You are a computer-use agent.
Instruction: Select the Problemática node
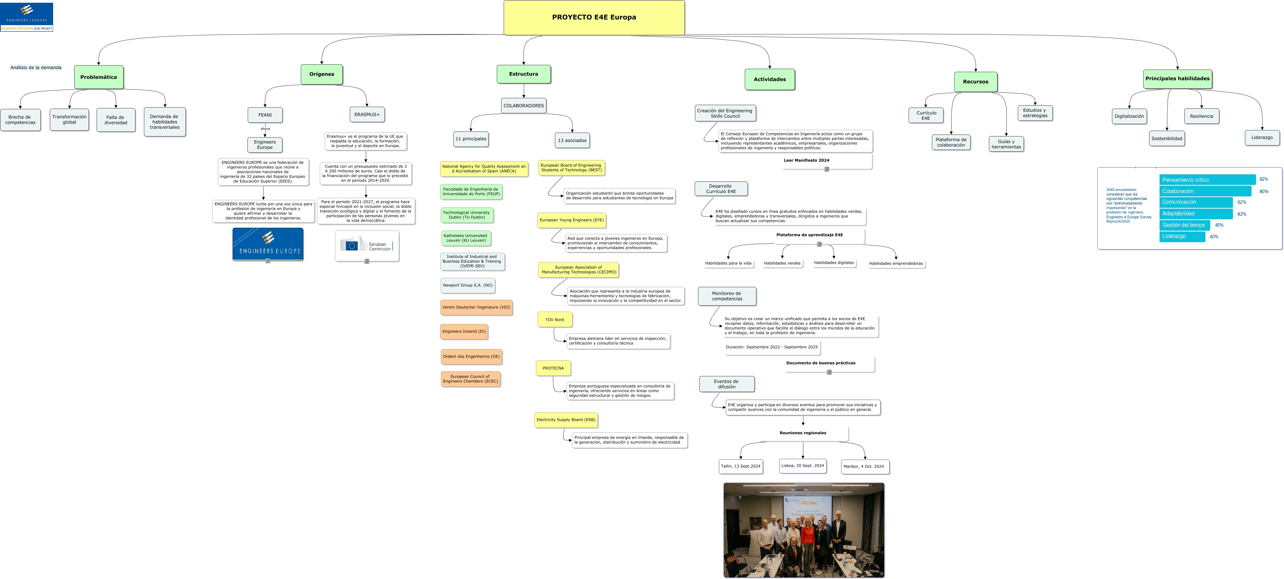99,77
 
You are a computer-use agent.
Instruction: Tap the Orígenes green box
321,74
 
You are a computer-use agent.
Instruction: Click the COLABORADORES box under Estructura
523,106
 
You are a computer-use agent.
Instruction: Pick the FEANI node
265,115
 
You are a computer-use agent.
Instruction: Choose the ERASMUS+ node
367,115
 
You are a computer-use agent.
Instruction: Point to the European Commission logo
367,245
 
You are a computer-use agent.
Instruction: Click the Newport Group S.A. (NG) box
468,286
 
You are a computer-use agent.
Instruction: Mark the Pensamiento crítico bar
1207,180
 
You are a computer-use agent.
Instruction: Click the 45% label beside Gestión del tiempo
1219,225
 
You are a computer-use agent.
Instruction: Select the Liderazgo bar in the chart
1182,236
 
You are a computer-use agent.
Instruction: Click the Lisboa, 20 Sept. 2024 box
803,466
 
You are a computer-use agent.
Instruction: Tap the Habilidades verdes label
782,263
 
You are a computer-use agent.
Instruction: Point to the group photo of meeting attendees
803,530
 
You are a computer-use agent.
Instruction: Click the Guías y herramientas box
1006,144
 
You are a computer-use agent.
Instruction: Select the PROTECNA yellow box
553,368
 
